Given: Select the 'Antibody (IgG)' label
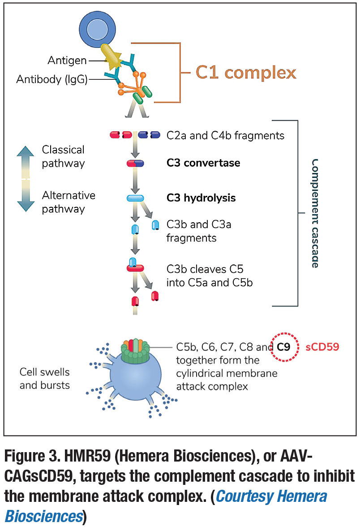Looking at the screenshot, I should (52, 80).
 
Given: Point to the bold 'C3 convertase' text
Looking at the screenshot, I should (203, 163).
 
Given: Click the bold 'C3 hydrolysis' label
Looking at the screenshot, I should (201, 198).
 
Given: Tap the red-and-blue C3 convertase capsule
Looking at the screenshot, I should (135, 164).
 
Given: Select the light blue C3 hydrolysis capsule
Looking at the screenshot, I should (135, 198).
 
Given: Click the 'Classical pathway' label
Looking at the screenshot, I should (63, 156).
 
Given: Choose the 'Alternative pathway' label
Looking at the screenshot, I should (69, 202).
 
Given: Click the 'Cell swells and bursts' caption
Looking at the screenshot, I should (45, 378).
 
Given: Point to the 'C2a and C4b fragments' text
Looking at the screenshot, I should (225, 135).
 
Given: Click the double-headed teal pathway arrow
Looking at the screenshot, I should (26, 178).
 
